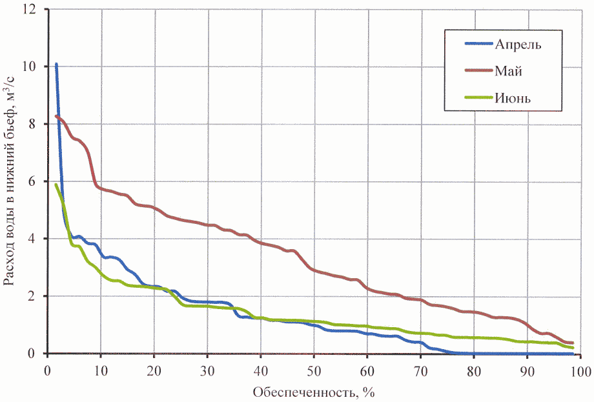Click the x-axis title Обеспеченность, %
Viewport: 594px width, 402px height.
[314, 392]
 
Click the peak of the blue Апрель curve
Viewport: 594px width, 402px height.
[56, 64]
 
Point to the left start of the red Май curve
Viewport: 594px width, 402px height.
[56, 116]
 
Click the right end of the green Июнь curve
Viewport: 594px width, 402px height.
[573, 348]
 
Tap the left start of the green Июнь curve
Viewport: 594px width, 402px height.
[56, 185]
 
